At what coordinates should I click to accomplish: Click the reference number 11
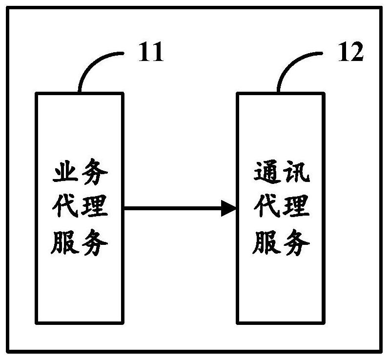pyautogui.click(x=151, y=52)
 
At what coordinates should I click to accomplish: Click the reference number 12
pyautogui.click(x=351, y=52)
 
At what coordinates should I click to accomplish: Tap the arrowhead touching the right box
pyautogui.click(x=229, y=208)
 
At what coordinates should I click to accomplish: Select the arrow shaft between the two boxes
pyautogui.click(x=173, y=208)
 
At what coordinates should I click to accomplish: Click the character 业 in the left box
pyautogui.click(x=65, y=172)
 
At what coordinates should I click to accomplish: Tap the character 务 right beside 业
pyautogui.click(x=95, y=172)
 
